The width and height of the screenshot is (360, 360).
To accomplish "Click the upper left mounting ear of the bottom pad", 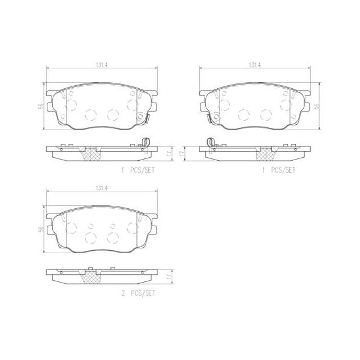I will click(50, 218).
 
